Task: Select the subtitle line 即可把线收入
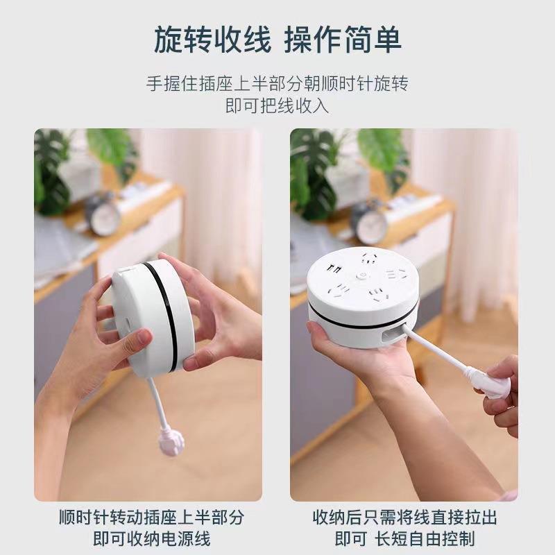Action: click(277, 106)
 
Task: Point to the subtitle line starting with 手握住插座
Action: click(277, 84)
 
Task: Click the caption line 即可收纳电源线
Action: click(152, 538)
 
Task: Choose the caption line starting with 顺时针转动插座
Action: click(152, 517)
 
